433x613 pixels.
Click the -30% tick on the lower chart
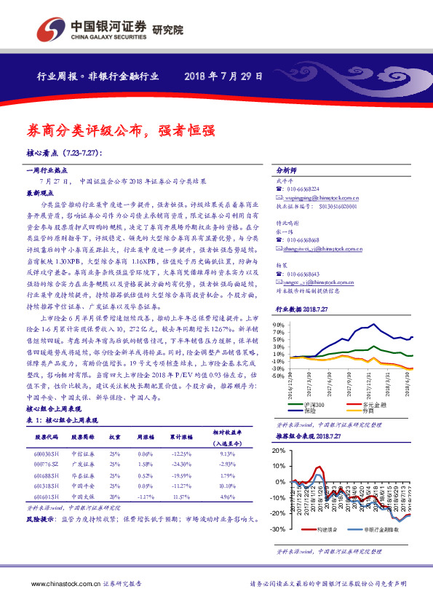[x=280, y=529]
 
